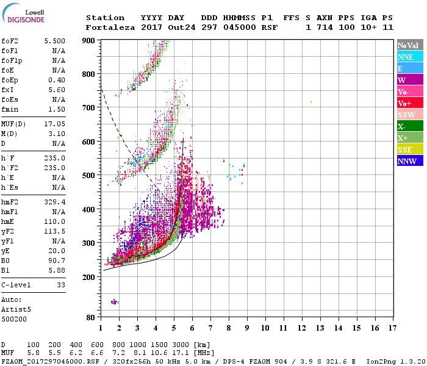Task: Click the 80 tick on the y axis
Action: [x=91, y=318]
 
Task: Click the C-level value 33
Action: [x=60, y=285]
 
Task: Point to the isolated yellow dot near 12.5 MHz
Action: [x=311, y=102]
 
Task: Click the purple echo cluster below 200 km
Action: [x=114, y=302]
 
